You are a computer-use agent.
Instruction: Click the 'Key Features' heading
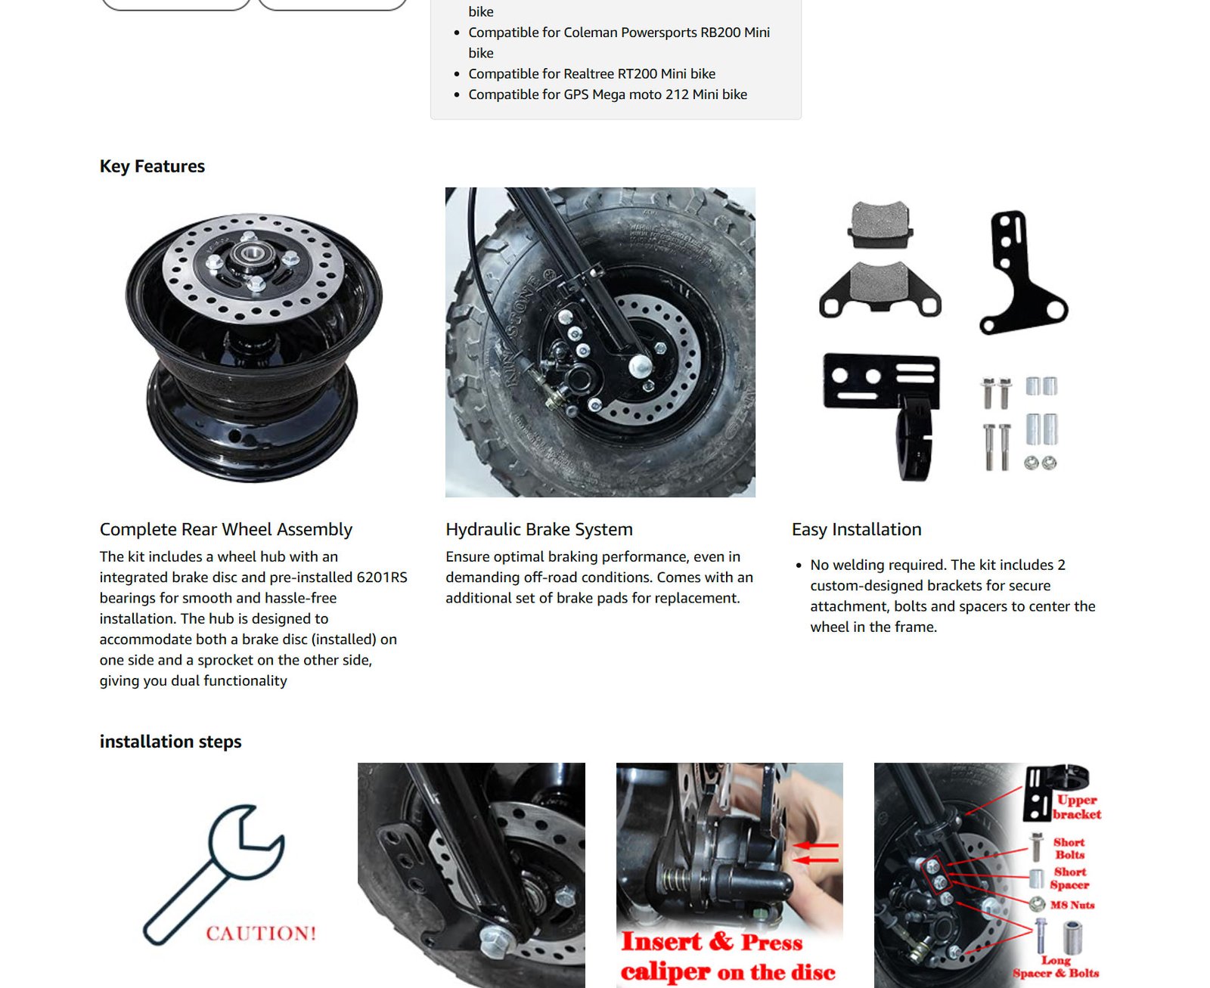[x=152, y=166]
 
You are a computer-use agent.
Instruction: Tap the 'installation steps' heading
[x=170, y=742]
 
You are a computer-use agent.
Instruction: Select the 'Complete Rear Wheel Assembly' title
[x=226, y=529]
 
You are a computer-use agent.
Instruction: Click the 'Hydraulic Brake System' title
[x=539, y=529]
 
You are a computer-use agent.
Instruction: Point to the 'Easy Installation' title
[x=857, y=529]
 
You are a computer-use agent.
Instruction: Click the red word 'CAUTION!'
[x=261, y=934]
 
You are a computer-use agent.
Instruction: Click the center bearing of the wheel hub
[x=251, y=253]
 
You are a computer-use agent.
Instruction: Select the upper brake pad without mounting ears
[x=880, y=225]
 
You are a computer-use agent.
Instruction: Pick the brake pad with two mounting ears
[x=880, y=289]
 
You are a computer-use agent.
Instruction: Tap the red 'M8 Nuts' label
[x=1072, y=905]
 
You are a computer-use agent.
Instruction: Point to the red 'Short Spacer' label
[x=1069, y=878]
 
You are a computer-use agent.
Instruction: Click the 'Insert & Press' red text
[x=712, y=942]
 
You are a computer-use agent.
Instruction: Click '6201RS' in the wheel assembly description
[x=382, y=578]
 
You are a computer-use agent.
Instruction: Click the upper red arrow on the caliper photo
[x=816, y=846]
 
